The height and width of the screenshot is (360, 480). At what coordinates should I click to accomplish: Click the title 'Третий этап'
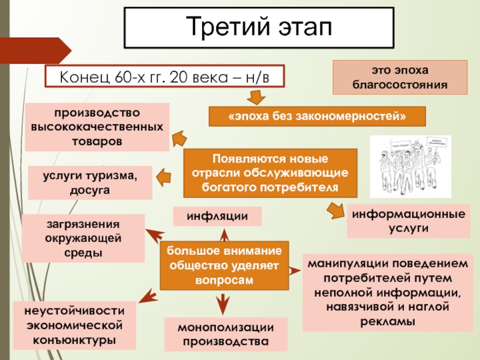[259, 28]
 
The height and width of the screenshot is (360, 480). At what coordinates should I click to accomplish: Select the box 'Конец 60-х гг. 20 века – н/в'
[164, 77]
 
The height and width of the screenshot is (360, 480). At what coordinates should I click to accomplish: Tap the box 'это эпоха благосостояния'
[400, 77]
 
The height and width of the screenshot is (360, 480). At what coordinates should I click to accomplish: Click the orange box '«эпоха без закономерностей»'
[317, 116]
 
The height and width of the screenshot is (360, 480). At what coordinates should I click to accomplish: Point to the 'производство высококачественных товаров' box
[96, 127]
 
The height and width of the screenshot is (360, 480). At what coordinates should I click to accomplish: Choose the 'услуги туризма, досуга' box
[90, 182]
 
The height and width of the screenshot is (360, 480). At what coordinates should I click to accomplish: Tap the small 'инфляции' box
[218, 216]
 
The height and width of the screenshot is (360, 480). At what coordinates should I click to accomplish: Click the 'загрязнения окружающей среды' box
[83, 238]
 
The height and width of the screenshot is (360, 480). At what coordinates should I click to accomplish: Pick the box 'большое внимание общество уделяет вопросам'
[224, 265]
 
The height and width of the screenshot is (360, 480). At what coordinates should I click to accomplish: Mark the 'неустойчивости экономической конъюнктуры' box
[74, 325]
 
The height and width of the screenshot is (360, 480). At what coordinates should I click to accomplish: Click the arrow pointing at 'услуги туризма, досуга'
[164, 176]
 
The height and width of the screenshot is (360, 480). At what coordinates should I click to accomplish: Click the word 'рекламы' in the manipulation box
[386, 321]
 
